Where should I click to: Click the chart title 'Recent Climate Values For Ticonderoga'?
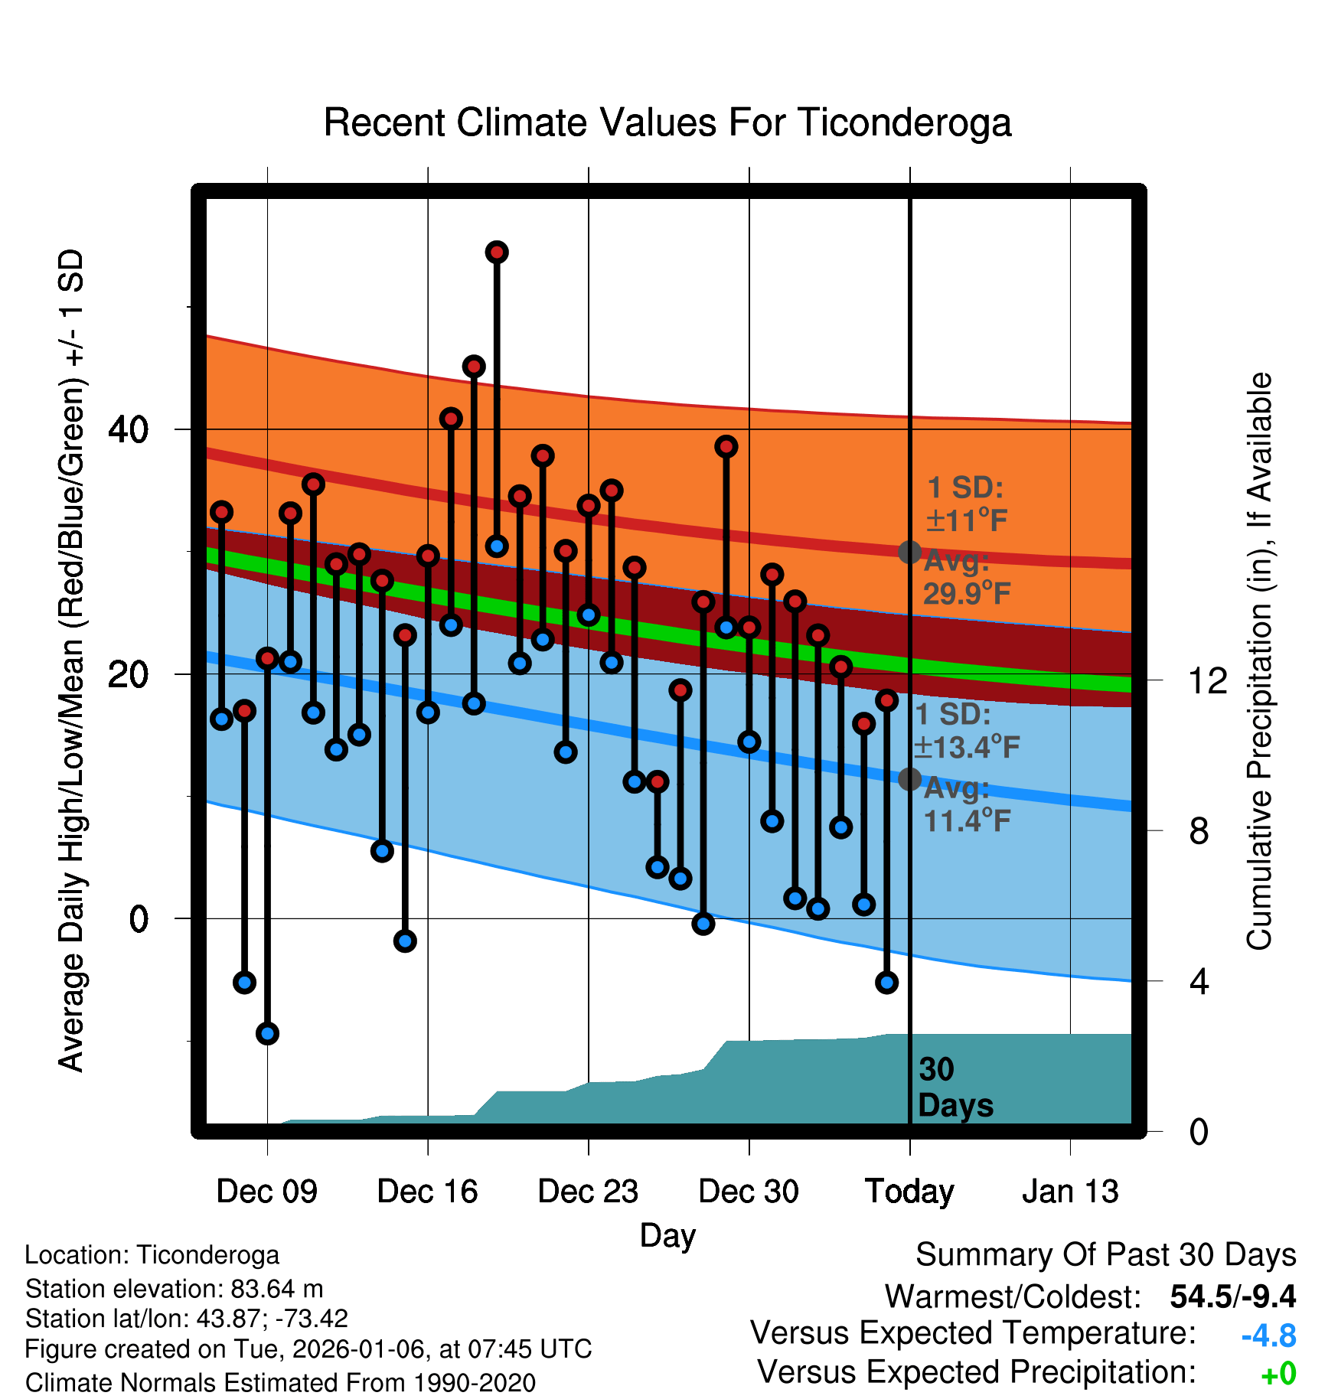(667, 122)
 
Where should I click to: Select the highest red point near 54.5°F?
(497, 252)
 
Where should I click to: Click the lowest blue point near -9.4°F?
(267, 1033)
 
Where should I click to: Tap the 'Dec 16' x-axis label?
(427, 1192)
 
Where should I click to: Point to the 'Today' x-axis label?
(909, 1192)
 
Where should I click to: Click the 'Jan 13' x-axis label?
(1070, 1192)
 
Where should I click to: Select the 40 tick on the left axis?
(128, 429)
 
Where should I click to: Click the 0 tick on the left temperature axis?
(138, 919)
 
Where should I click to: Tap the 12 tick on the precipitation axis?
(1207, 680)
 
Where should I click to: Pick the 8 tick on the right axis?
(1199, 831)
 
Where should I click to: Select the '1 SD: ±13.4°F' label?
(966, 731)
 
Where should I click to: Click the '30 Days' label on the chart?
(955, 1088)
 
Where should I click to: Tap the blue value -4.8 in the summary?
(1268, 1335)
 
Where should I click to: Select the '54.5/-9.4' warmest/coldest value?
(1232, 1296)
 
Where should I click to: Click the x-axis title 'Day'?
(667, 1235)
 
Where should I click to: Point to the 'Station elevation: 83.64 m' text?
(174, 1289)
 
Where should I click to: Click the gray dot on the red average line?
(909, 552)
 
